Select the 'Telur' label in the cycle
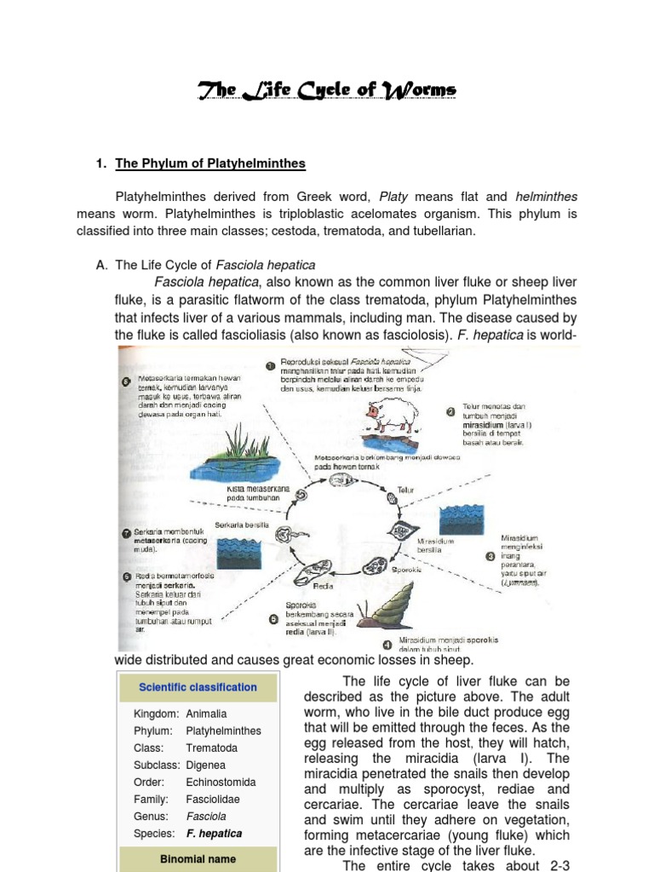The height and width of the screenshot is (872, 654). coord(406,490)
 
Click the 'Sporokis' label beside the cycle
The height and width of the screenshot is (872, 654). coord(408,569)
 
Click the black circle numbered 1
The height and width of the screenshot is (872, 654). coord(270,365)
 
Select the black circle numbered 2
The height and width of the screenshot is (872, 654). coord(450,411)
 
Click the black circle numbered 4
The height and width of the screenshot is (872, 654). coord(387,644)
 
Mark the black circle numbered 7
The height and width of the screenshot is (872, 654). coord(126,533)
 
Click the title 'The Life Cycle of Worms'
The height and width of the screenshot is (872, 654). coord(327,89)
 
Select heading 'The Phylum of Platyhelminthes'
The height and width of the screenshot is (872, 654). coord(210,163)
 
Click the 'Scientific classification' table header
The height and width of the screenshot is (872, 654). coord(198,686)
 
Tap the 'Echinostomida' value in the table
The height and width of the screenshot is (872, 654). coord(221,782)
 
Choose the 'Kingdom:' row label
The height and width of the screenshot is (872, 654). coord(156,714)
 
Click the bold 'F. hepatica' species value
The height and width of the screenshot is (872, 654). coord(214,833)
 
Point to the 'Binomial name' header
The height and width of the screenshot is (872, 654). coord(198,859)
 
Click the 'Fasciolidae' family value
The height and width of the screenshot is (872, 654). coord(214,799)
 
